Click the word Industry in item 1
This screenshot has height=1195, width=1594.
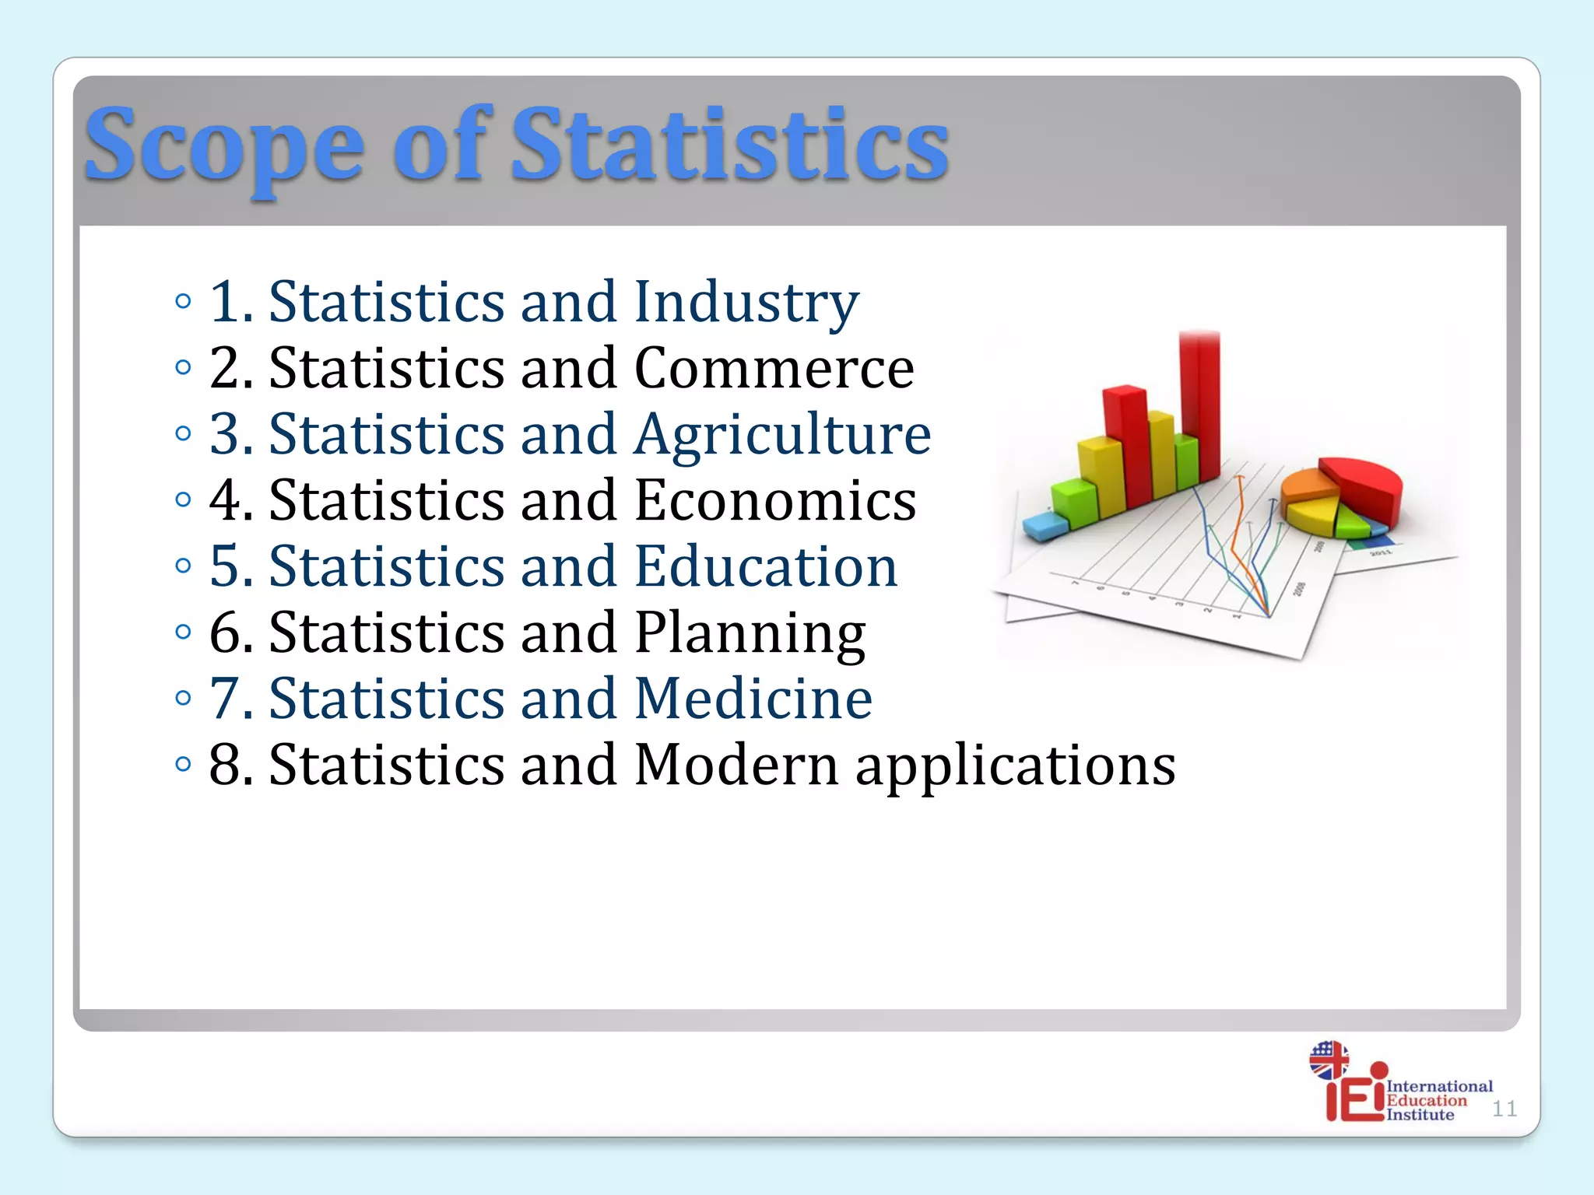pyautogui.click(x=746, y=302)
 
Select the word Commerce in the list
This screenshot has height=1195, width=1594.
pyautogui.click(x=774, y=368)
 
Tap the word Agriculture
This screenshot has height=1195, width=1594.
pyautogui.click(x=782, y=434)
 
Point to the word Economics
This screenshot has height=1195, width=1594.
pyautogui.click(x=775, y=500)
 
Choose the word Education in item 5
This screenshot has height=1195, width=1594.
pyautogui.click(x=766, y=566)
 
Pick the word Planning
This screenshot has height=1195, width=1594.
pyautogui.click(x=750, y=633)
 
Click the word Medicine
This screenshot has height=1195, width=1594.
pyautogui.click(x=753, y=699)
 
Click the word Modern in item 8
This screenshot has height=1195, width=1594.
pyautogui.click(x=736, y=765)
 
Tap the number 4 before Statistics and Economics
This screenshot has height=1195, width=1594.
pyautogui.click(x=226, y=500)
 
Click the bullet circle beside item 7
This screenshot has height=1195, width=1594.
pyautogui.click(x=184, y=698)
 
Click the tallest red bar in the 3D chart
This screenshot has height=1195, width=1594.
pyautogui.click(x=1199, y=405)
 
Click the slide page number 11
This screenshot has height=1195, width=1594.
pyautogui.click(x=1504, y=1109)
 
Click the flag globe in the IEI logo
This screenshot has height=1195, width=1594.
pyautogui.click(x=1329, y=1060)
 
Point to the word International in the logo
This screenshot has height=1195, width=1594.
pyautogui.click(x=1439, y=1086)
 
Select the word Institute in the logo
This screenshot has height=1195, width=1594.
pyautogui.click(x=1420, y=1115)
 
